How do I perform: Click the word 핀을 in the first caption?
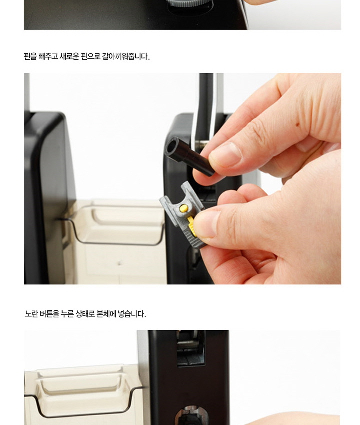(30, 56)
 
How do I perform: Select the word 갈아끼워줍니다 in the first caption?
(126, 56)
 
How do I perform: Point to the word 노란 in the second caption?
(31, 314)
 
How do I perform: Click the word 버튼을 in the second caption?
(49, 314)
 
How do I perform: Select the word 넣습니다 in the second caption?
(132, 314)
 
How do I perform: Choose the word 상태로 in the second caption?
(85, 314)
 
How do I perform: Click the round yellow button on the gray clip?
(184, 208)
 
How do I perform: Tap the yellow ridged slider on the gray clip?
(191, 226)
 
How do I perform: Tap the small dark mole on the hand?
(297, 125)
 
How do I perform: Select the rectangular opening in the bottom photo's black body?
(191, 349)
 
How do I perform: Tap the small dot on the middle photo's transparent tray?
(119, 263)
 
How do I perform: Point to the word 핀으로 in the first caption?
(90, 56)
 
